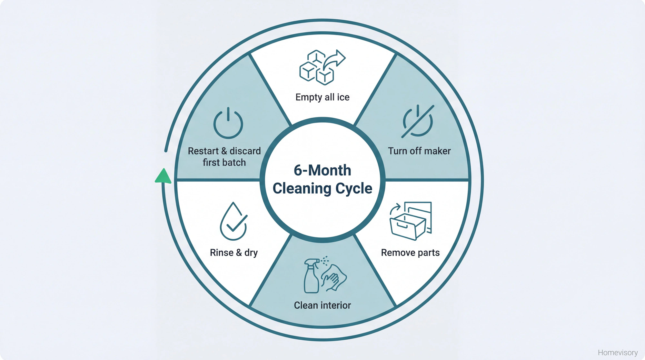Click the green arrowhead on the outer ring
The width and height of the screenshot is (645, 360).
coord(163,176)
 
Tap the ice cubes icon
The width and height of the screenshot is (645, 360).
coord(316,68)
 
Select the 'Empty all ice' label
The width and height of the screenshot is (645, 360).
coord(322,97)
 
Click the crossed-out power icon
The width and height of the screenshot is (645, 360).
coord(418,121)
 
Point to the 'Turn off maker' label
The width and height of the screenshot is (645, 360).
coord(419,151)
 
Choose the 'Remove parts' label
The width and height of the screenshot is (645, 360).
coord(410,253)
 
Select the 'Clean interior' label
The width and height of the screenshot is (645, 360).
coord(322,305)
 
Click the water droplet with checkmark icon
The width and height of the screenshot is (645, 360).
coord(233,222)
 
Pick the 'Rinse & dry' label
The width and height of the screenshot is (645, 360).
coord(233,253)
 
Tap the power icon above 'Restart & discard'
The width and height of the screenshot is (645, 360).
coord(228,123)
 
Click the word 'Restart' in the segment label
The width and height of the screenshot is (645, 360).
coord(203,151)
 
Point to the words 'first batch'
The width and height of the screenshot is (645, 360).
coord(224,163)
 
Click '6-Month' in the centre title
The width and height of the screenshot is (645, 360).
coord(322,170)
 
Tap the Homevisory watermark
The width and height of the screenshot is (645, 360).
coord(618,353)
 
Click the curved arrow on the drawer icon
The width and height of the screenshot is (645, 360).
coord(395,208)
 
